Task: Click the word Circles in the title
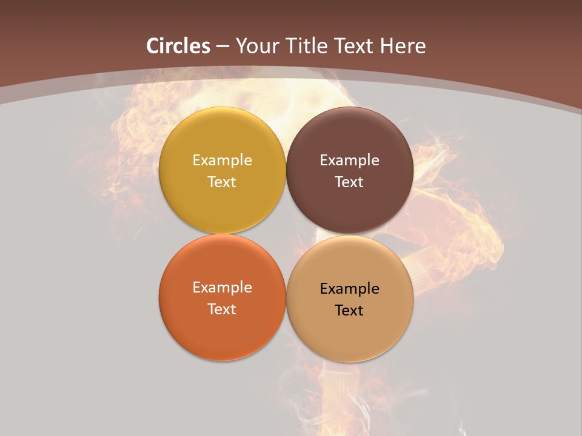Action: pyautogui.click(x=178, y=46)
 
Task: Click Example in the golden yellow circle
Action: pyautogui.click(x=222, y=160)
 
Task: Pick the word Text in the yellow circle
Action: pyautogui.click(x=222, y=182)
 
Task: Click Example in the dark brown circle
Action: pyautogui.click(x=350, y=160)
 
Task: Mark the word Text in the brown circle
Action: pyautogui.click(x=350, y=182)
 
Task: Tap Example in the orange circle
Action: pyautogui.click(x=222, y=288)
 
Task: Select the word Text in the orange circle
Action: pyautogui.click(x=222, y=309)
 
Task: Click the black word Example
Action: pyautogui.click(x=350, y=289)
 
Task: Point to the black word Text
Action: pyautogui.click(x=350, y=311)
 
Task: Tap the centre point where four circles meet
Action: pyautogui.click(x=286, y=234)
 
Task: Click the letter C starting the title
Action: pyautogui.click(x=153, y=46)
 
